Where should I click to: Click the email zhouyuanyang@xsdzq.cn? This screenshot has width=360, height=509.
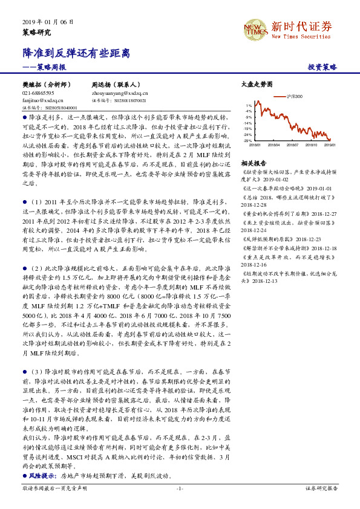[119, 93]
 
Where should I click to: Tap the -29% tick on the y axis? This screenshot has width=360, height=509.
[248, 141]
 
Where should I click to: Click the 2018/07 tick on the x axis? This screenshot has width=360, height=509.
[293, 145]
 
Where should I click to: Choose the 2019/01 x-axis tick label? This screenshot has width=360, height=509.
[330, 145]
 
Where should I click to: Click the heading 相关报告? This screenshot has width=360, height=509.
[253, 163]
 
